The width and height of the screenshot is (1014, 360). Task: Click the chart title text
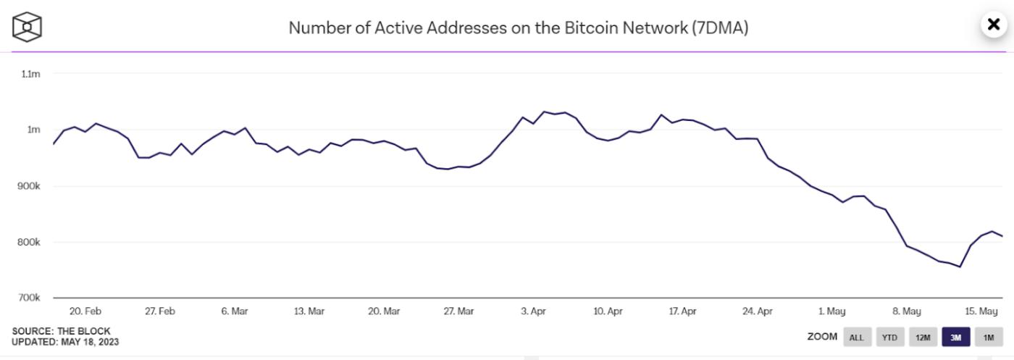[x=518, y=28]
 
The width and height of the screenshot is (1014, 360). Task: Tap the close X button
[x=993, y=25]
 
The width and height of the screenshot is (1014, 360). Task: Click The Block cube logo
[x=27, y=27]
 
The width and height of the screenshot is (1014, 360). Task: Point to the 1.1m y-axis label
[x=30, y=74]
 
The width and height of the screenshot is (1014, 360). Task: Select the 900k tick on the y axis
[x=29, y=186]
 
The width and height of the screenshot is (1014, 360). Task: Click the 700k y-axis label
[x=29, y=298]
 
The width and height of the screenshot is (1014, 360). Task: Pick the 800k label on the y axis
[x=29, y=242]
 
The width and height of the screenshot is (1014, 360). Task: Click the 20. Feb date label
[x=85, y=311]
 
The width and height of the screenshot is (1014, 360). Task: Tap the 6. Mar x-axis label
[x=235, y=311]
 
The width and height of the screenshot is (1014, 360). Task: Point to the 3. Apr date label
[x=533, y=311]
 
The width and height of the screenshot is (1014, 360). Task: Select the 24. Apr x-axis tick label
[x=757, y=311]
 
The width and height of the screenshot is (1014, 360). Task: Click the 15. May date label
[x=981, y=311]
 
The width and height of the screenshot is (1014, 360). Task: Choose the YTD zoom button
[x=889, y=337]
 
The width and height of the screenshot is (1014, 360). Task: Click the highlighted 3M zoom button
[x=955, y=337]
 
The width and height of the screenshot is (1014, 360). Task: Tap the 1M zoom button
[x=989, y=337]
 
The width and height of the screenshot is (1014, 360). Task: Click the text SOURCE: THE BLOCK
[x=61, y=332]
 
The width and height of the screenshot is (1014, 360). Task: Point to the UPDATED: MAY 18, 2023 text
[x=65, y=342]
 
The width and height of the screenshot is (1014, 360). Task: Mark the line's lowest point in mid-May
[x=960, y=267]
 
